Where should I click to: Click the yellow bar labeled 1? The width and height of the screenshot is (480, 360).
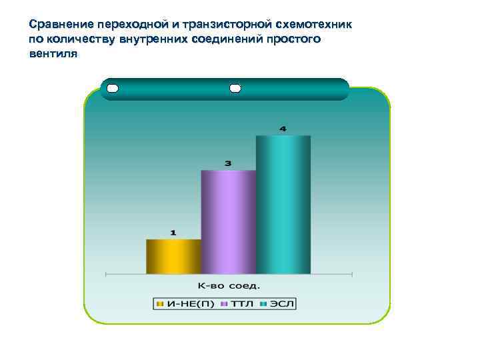point(173,257)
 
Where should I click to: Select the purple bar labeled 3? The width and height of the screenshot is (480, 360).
point(228,222)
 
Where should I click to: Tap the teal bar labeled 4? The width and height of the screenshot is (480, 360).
point(283,205)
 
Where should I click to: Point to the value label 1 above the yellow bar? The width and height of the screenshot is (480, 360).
point(173,233)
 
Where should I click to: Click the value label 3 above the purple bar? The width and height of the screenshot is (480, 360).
point(228,163)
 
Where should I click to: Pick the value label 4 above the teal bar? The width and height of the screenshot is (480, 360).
point(283,128)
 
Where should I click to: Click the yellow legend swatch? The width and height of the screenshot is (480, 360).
point(160,304)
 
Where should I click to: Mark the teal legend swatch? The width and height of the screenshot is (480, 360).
point(264,304)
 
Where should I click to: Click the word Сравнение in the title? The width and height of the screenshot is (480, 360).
point(57,25)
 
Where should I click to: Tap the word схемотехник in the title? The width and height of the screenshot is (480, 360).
point(313,25)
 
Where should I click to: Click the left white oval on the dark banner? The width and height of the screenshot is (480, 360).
point(112,89)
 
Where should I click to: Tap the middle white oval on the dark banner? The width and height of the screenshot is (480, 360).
point(235,89)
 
